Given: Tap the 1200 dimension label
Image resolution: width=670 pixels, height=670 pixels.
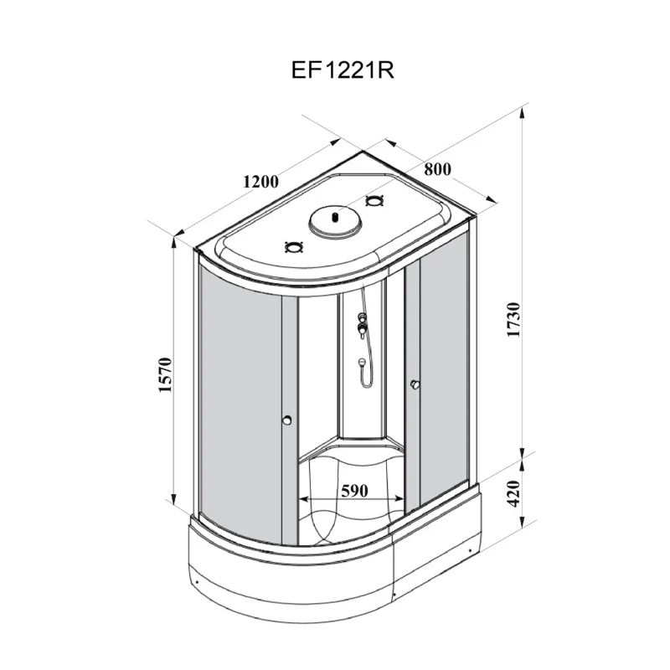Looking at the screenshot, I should (x=260, y=180).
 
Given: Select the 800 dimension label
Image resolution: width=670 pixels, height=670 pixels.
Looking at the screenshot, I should (x=437, y=169).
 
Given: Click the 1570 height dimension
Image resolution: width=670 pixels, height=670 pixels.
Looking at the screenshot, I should (x=165, y=375).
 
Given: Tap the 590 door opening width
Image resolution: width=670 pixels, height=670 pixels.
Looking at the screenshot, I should (x=354, y=491).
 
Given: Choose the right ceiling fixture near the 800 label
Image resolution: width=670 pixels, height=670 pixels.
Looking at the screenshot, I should (x=374, y=201).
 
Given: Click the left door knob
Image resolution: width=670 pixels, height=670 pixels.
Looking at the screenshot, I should (x=286, y=421).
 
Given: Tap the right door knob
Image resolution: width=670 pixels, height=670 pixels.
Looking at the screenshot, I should (x=414, y=384).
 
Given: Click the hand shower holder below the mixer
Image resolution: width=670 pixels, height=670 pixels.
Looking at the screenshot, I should (x=362, y=363).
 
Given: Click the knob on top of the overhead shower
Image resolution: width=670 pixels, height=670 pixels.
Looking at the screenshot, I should (x=335, y=215).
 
